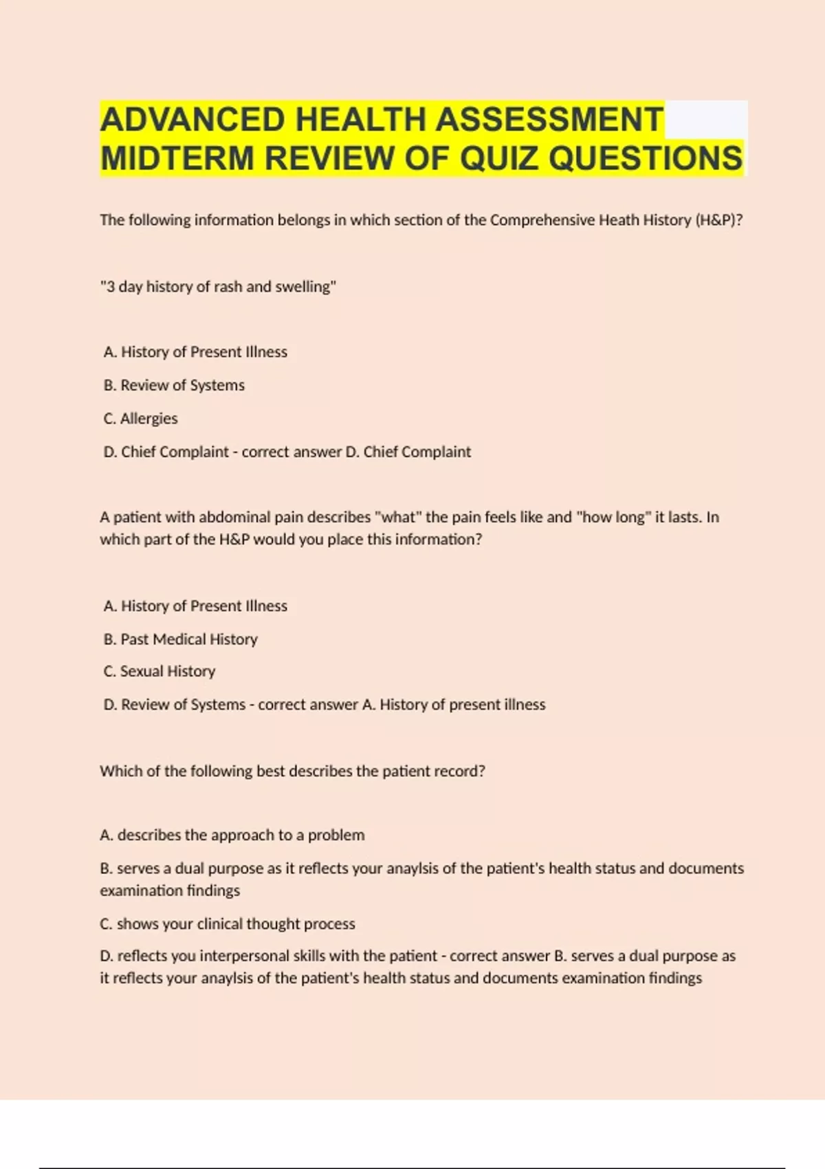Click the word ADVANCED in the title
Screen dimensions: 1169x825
(x=193, y=120)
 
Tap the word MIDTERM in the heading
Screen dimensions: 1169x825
(x=177, y=159)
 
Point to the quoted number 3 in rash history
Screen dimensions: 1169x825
(x=110, y=287)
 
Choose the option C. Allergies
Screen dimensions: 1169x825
(x=140, y=419)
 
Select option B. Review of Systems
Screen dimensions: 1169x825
(x=174, y=385)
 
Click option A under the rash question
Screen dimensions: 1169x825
(x=195, y=352)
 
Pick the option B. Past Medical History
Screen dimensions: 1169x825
(x=180, y=640)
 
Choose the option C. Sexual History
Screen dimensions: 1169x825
(x=159, y=671)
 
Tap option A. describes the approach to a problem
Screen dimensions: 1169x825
(x=232, y=835)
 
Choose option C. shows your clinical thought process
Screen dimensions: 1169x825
(x=227, y=924)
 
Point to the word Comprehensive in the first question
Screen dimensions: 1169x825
(x=542, y=220)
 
